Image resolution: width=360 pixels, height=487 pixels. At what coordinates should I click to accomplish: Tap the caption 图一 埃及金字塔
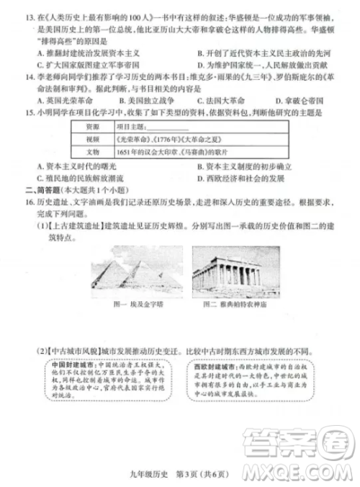(x=120, y=305)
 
